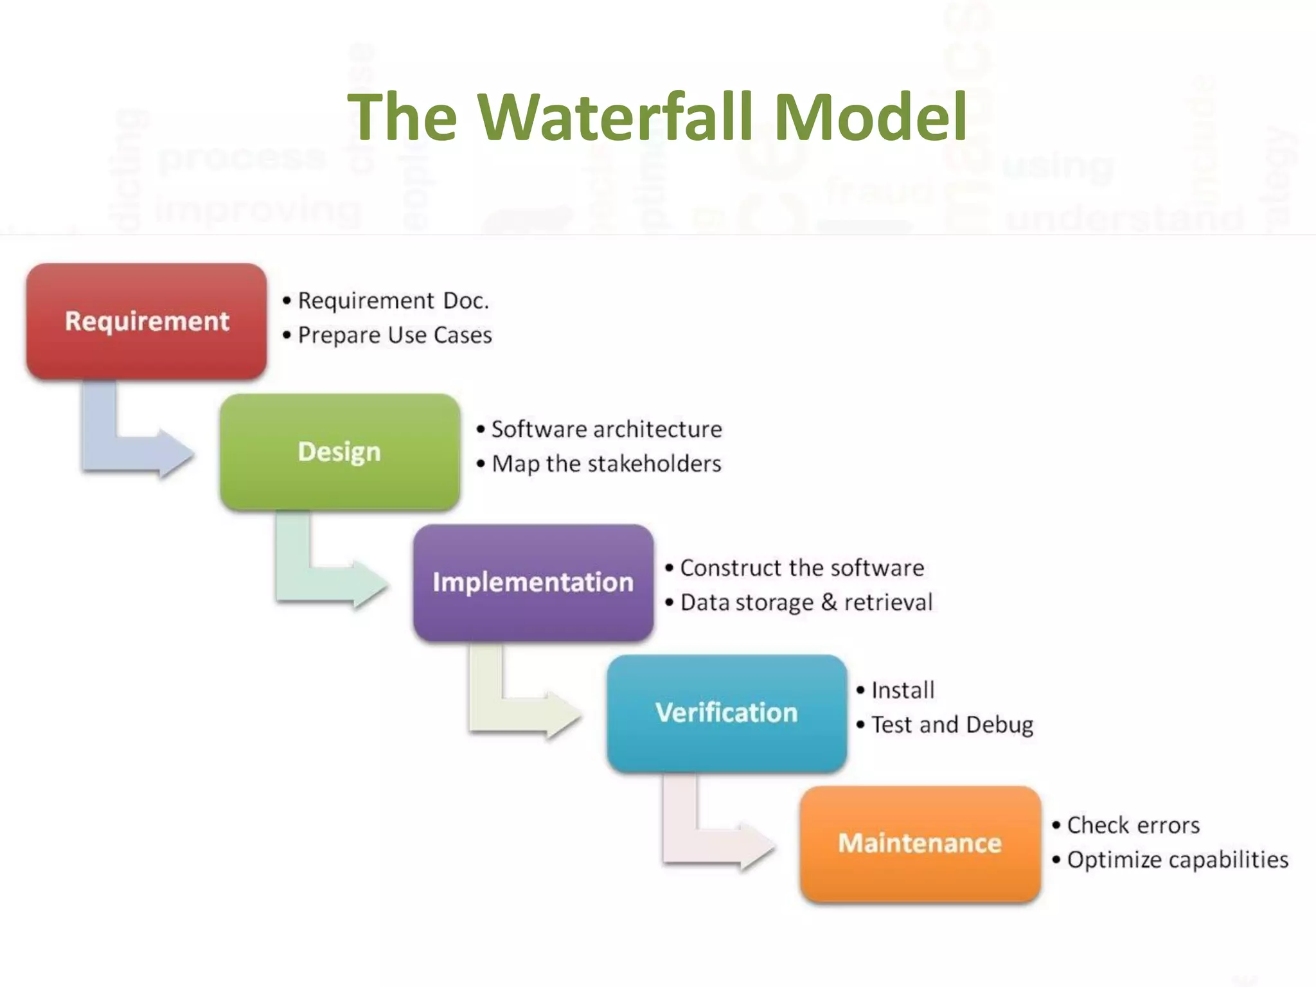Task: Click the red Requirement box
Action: tap(147, 321)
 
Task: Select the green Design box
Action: tap(339, 452)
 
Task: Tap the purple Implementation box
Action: tap(533, 582)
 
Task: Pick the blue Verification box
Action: tap(726, 713)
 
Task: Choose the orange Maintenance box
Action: tap(920, 843)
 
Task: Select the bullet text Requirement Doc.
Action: tap(393, 301)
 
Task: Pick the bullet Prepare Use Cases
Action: tap(395, 335)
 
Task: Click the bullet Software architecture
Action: tap(606, 429)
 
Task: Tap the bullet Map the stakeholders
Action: tap(606, 464)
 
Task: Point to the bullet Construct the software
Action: tap(801, 568)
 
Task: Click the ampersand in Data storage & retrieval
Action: tap(829, 602)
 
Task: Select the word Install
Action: tap(902, 690)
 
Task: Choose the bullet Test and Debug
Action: tap(952, 725)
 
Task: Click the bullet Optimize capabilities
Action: tap(1177, 860)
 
